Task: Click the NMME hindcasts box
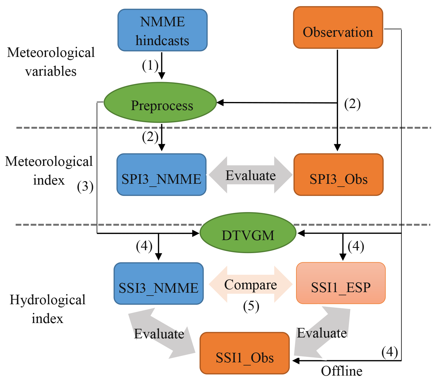[162, 30]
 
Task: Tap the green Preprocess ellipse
[160, 103]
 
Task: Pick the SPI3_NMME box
[161, 175]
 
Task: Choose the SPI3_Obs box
[338, 175]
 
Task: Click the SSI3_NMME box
[159, 284]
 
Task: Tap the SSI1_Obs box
[245, 353]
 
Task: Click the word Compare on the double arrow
[250, 285]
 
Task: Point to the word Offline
[341, 371]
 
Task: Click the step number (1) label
[150, 65]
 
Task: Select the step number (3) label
[85, 187]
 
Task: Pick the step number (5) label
[251, 306]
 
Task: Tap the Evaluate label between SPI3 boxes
[250, 175]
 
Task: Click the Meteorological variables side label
[51, 62]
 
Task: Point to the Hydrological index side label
[47, 309]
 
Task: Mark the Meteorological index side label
[49, 171]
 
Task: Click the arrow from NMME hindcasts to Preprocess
[162, 66]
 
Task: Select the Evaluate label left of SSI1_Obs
[159, 334]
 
